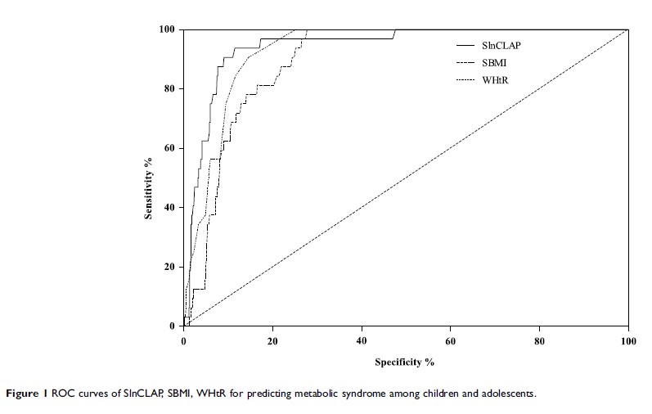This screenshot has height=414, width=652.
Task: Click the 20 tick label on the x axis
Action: [x=272, y=339]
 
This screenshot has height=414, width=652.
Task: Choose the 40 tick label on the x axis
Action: [x=362, y=339]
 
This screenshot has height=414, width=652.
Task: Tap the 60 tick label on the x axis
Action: [x=451, y=339]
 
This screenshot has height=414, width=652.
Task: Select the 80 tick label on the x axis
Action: [x=539, y=339]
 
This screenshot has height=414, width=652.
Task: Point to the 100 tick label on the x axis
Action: [x=627, y=339]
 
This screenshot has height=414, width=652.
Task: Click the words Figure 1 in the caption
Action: [x=30, y=394]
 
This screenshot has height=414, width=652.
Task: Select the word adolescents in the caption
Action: [x=509, y=394]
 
